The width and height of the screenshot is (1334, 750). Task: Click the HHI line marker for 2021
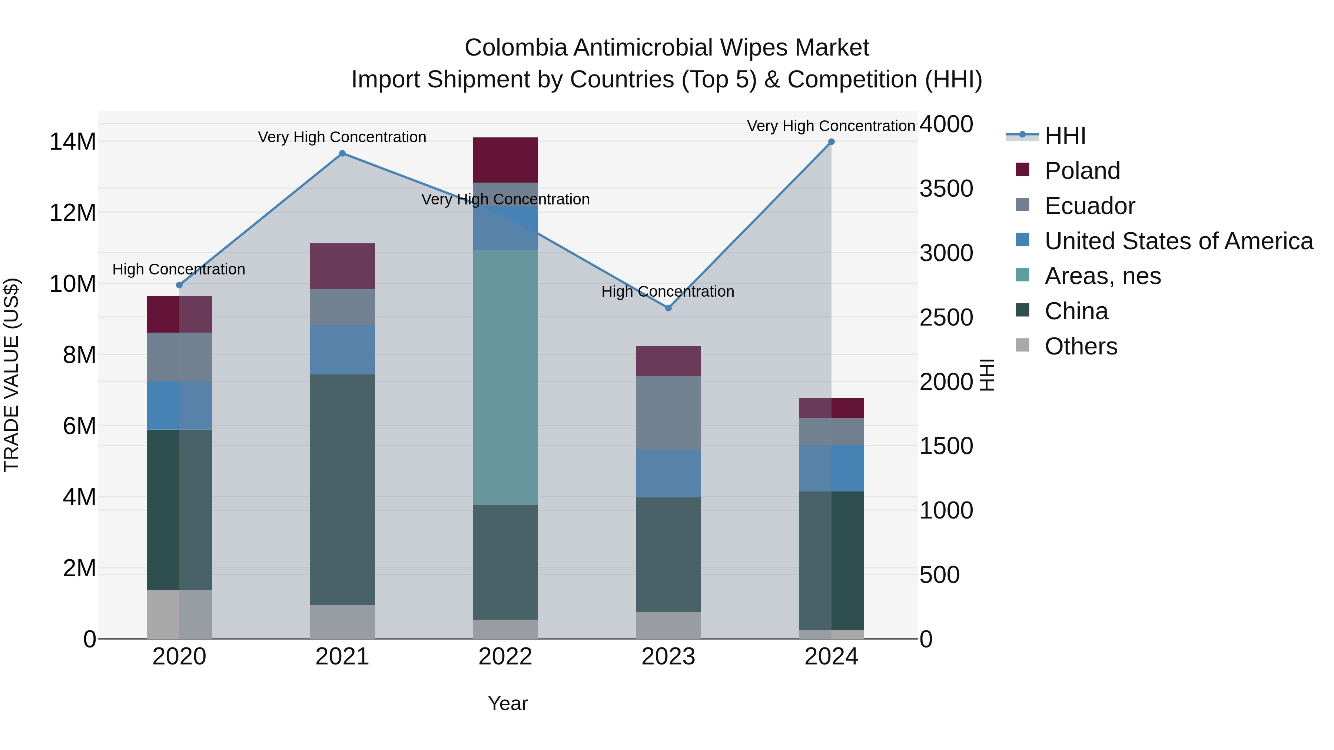pyautogui.click(x=342, y=153)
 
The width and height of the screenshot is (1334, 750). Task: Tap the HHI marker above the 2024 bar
pyautogui.click(x=831, y=142)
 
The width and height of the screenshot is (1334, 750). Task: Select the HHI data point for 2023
pyautogui.click(x=668, y=308)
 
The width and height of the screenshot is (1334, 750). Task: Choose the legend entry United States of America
pyautogui.click(x=1178, y=241)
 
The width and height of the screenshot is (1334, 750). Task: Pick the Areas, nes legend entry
pyautogui.click(x=1102, y=276)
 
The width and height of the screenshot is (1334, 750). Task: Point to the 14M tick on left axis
pyautogui.click(x=73, y=142)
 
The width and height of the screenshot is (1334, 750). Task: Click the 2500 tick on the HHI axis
pyautogui.click(x=946, y=318)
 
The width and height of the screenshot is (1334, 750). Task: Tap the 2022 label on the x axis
pyautogui.click(x=505, y=657)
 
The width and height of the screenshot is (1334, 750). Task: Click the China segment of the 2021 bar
pyautogui.click(x=342, y=489)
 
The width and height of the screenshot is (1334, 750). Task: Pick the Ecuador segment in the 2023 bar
pyautogui.click(x=668, y=413)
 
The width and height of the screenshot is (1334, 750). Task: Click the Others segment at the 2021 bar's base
pyautogui.click(x=342, y=621)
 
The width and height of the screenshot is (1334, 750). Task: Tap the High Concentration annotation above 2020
pyautogui.click(x=179, y=269)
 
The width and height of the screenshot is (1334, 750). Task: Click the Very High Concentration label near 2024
pyautogui.click(x=831, y=126)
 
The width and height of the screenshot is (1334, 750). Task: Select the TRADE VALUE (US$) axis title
pyautogui.click(x=11, y=375)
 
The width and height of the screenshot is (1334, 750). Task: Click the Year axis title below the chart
pyautogui.click(x=508, y=703)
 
